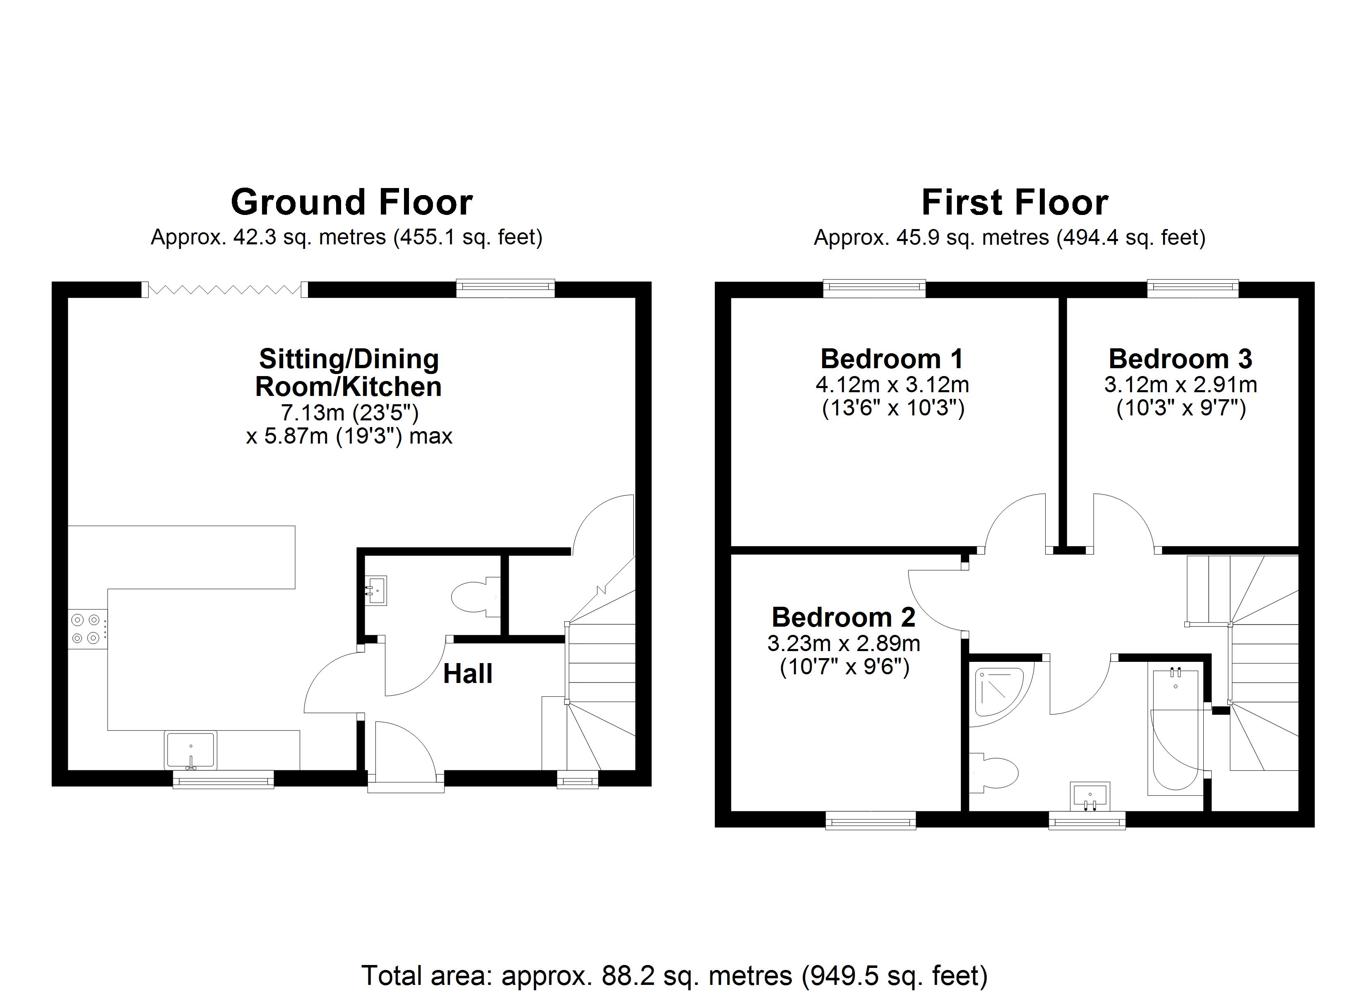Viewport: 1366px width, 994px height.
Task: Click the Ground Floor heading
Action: (x=352, y=203)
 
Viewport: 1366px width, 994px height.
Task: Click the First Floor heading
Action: (x=1015, y=203)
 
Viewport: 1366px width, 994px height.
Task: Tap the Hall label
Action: (x=468, y=674)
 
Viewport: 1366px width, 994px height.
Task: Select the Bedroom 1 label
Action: (x=892, y=359)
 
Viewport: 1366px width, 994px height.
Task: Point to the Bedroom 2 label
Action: (x=843, y=617)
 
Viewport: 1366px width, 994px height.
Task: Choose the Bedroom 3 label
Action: (x=1181, y=359)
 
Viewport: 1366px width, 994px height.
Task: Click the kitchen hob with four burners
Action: (x=86, y=629)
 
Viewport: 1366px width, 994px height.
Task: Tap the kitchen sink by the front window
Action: (x=190, y=750)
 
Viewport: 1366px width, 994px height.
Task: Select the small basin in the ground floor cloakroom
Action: (x=376, y=590)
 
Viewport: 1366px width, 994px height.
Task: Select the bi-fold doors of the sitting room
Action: (x=225, y=290)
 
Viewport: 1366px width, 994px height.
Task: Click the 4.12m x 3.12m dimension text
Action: (x=892, y=385)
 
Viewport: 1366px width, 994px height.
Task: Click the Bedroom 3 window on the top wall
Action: (x=1193, y=289)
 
